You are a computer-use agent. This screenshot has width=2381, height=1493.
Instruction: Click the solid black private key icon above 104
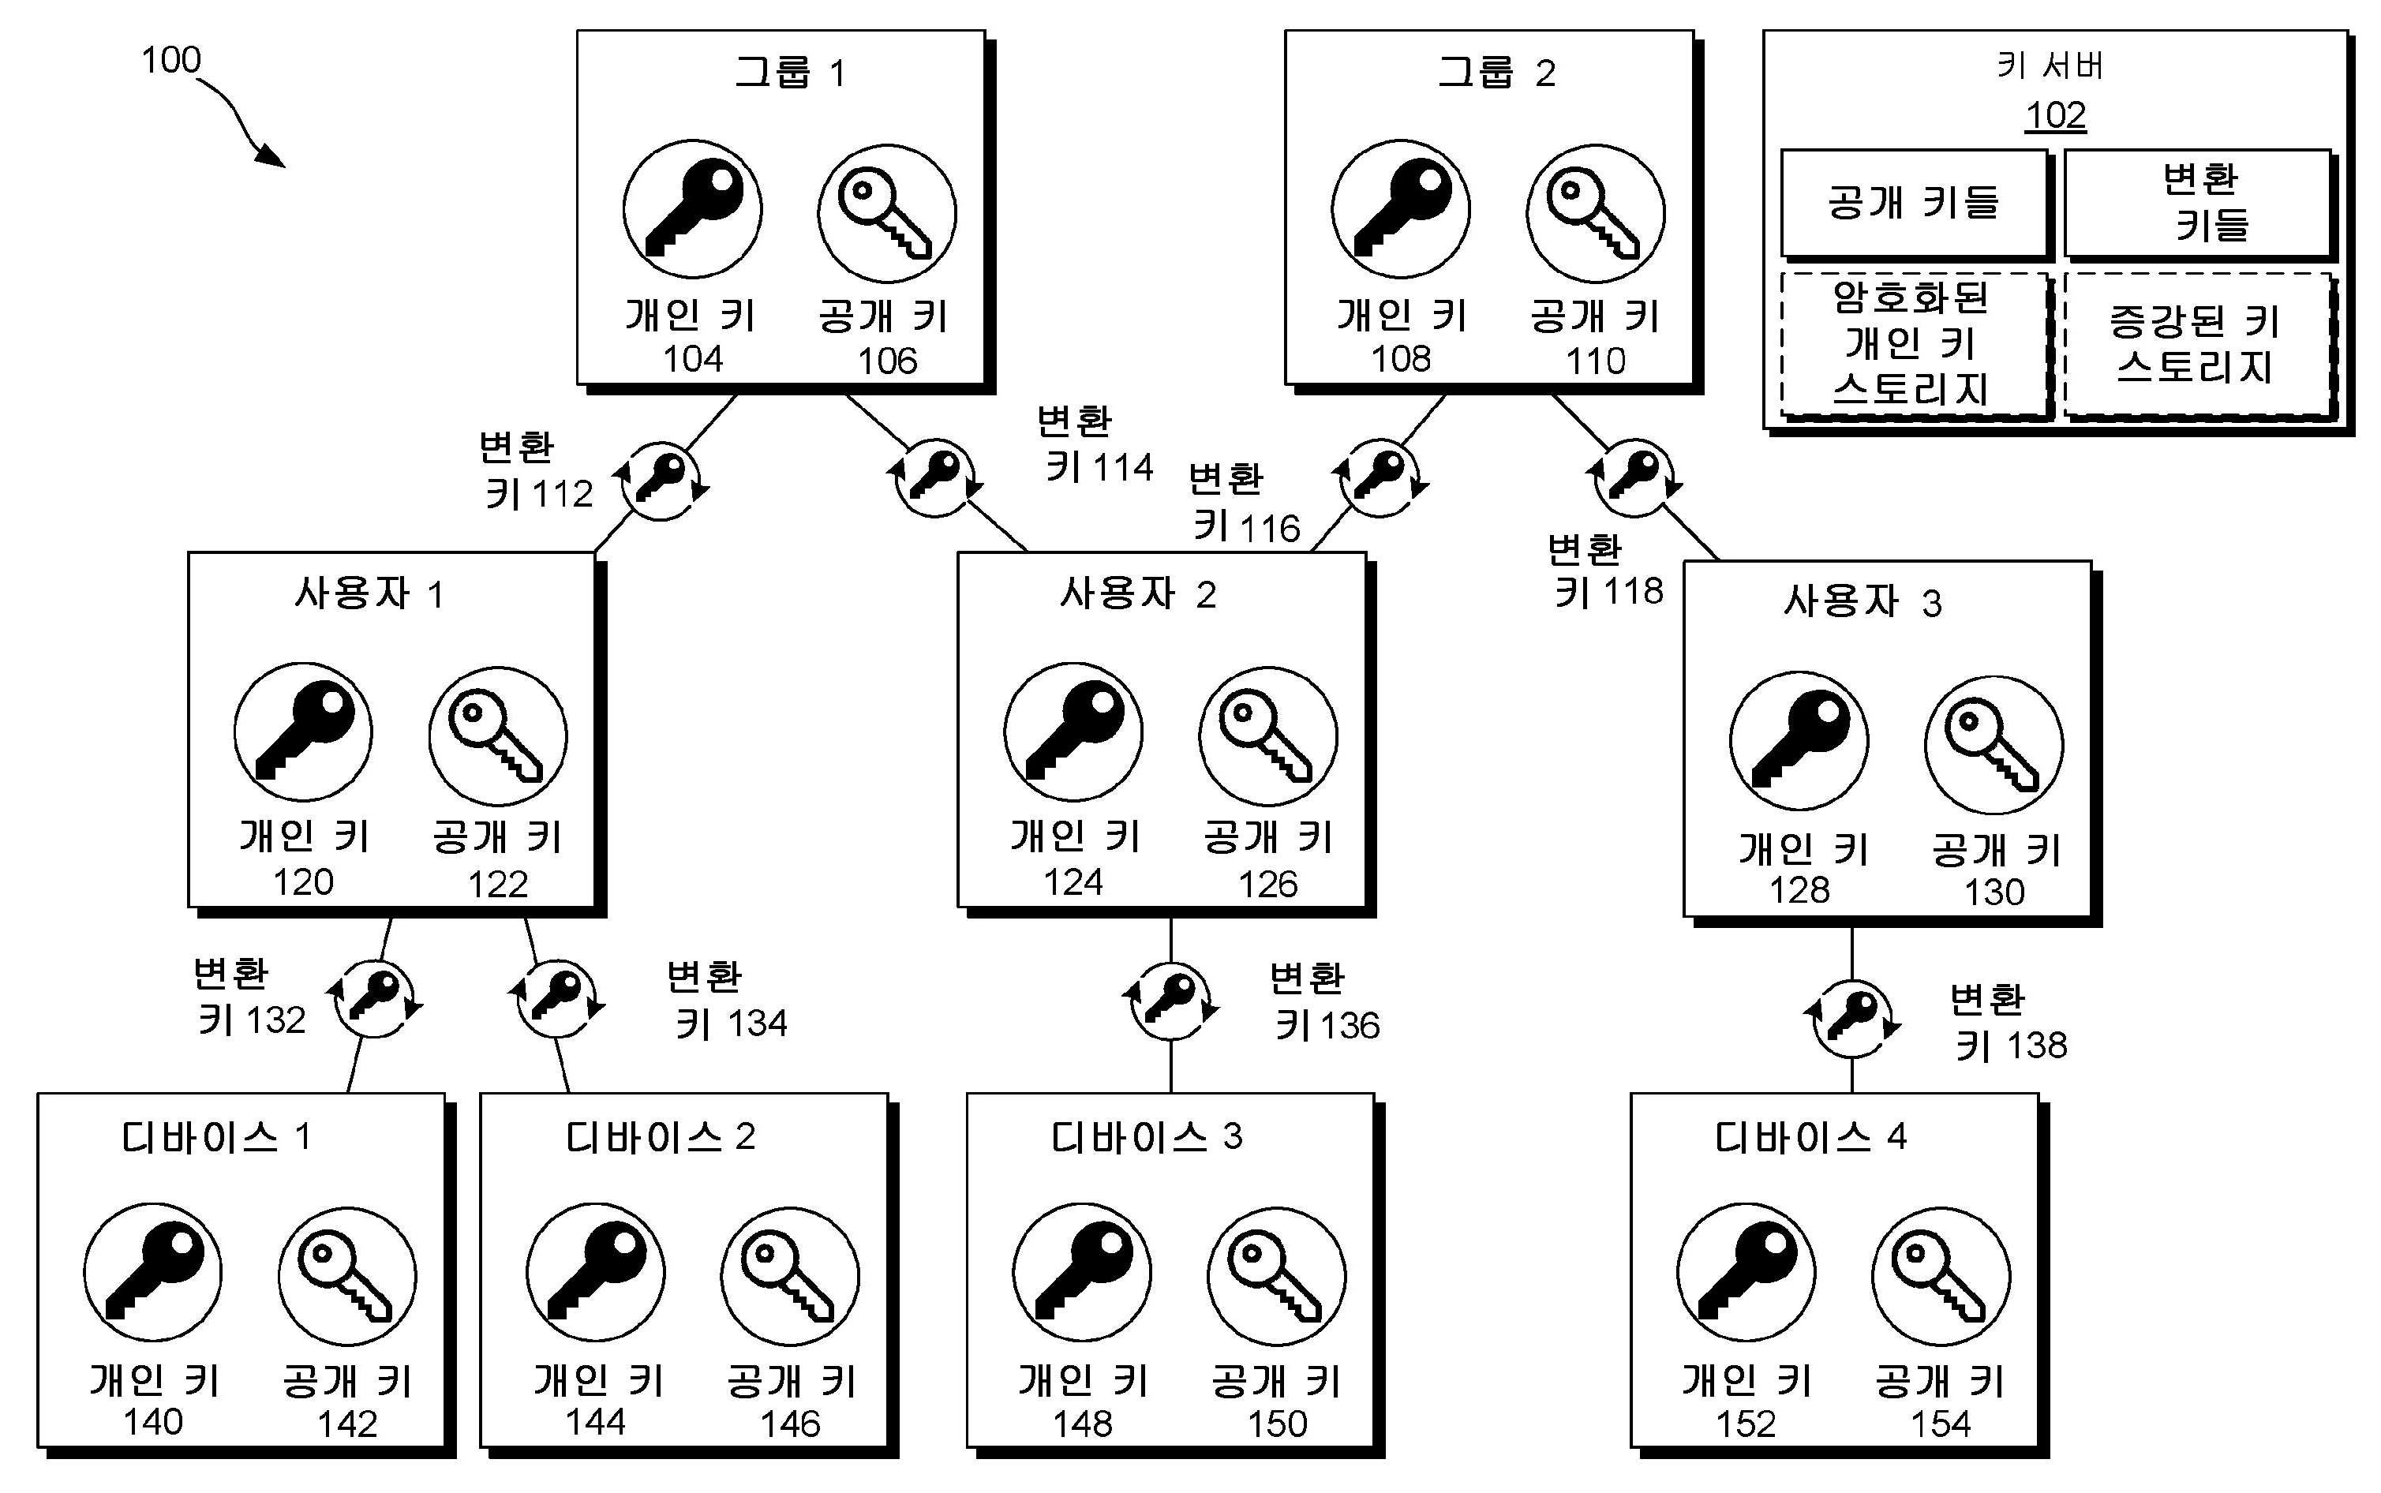(692, 209)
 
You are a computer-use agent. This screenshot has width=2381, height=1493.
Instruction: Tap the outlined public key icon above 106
(887, 213)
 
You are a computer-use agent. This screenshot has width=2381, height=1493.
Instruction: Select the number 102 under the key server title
(2055, 115)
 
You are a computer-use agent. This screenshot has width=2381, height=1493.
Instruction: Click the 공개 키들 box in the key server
(1914, 203)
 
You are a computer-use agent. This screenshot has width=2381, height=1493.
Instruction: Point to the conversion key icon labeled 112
(661, 481)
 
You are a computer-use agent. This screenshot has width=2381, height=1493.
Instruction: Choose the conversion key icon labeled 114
(934, 478)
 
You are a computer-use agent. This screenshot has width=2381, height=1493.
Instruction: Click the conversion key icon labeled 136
(1171, 1001)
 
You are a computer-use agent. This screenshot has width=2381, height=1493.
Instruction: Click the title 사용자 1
(369, 593)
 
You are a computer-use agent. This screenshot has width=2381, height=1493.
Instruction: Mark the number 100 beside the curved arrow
(170, 60)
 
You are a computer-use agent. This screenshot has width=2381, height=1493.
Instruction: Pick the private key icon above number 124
(1073, 732)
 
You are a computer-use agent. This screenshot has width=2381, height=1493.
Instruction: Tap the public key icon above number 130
(1994, 744)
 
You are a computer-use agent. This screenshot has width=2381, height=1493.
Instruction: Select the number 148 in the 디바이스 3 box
(1082, 1424)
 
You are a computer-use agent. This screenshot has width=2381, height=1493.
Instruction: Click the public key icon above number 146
(790, 1276)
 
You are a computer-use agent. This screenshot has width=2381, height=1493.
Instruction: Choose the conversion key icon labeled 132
(376, 998)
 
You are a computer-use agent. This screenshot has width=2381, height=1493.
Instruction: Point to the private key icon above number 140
(153, 1272)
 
